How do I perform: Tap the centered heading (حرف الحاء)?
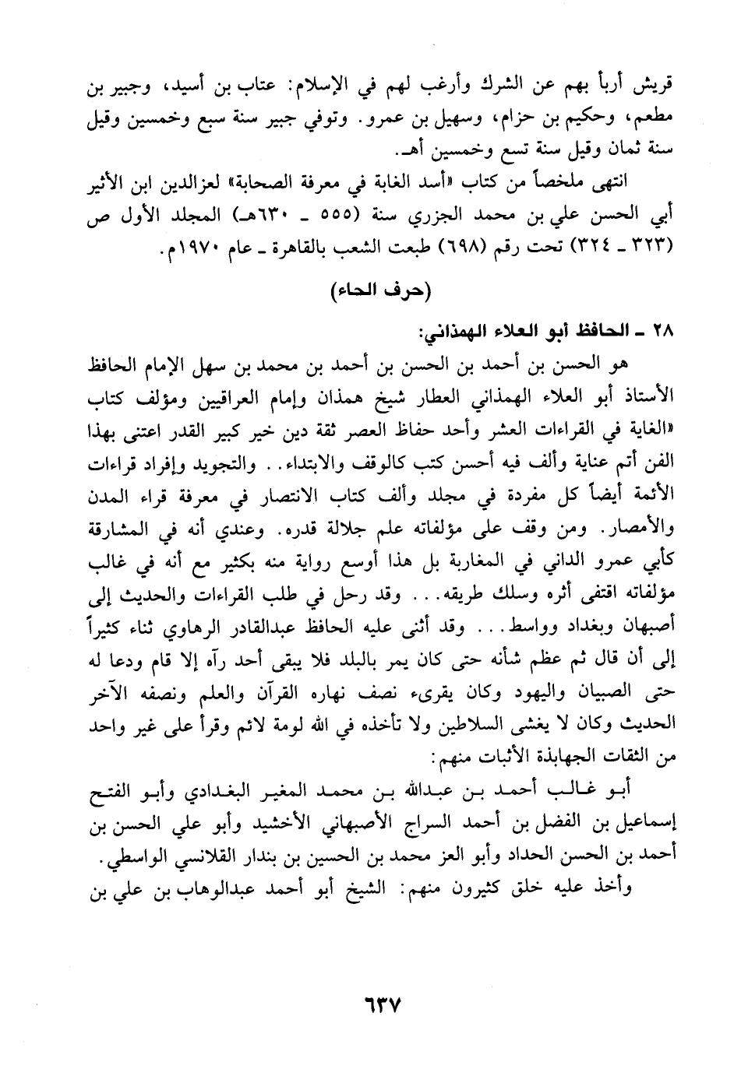[x=381, y=293]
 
